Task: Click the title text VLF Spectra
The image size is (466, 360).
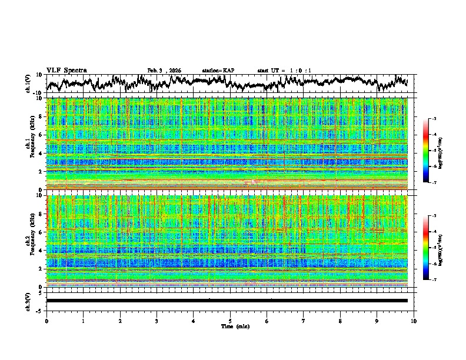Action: click(66, 70)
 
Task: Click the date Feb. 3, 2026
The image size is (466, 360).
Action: click(164, 71)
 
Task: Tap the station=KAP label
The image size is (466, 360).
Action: click(218, 71)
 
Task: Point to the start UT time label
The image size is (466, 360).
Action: click(284, 71)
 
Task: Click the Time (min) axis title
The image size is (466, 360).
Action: click(230, 326)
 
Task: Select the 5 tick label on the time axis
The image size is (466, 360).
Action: click(230, 321)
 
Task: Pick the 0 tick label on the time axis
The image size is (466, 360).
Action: click(46, 321)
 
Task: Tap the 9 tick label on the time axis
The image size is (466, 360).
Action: click(377, 321)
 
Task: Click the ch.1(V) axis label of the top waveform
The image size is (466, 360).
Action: click(29, 83)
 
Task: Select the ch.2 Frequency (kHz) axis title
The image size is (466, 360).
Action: click(29, 241)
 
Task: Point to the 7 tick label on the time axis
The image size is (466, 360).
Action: click(304, 321)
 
